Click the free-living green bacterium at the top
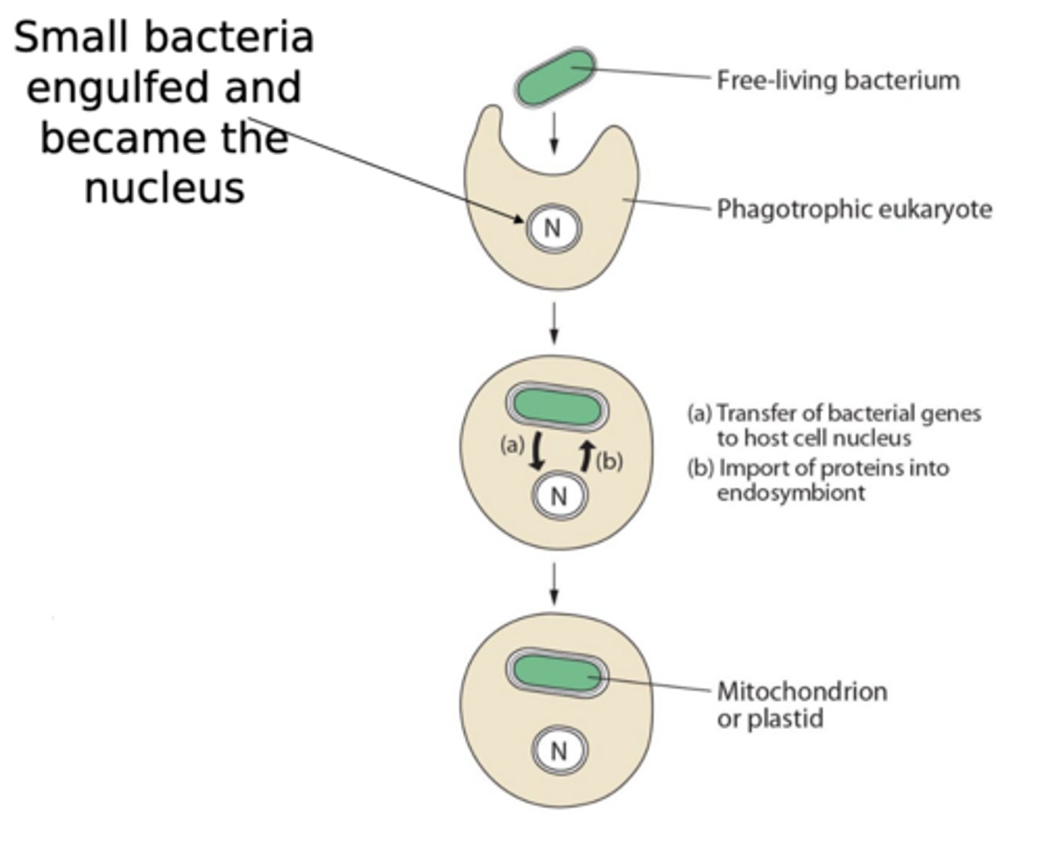pos(555,78)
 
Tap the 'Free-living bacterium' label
pos(837,80)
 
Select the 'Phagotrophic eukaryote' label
pos(853,209)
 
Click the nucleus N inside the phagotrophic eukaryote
pos(553,228)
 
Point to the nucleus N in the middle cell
pos(558,497)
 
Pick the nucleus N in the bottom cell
pos(558,751)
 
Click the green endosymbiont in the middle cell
pos(557,407)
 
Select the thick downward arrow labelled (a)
pos(536,452)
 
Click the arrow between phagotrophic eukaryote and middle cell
pos(554,323)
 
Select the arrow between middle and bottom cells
pos(554,584)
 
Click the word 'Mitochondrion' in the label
pos(801,691)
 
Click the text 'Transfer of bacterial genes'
pos(848,413)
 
